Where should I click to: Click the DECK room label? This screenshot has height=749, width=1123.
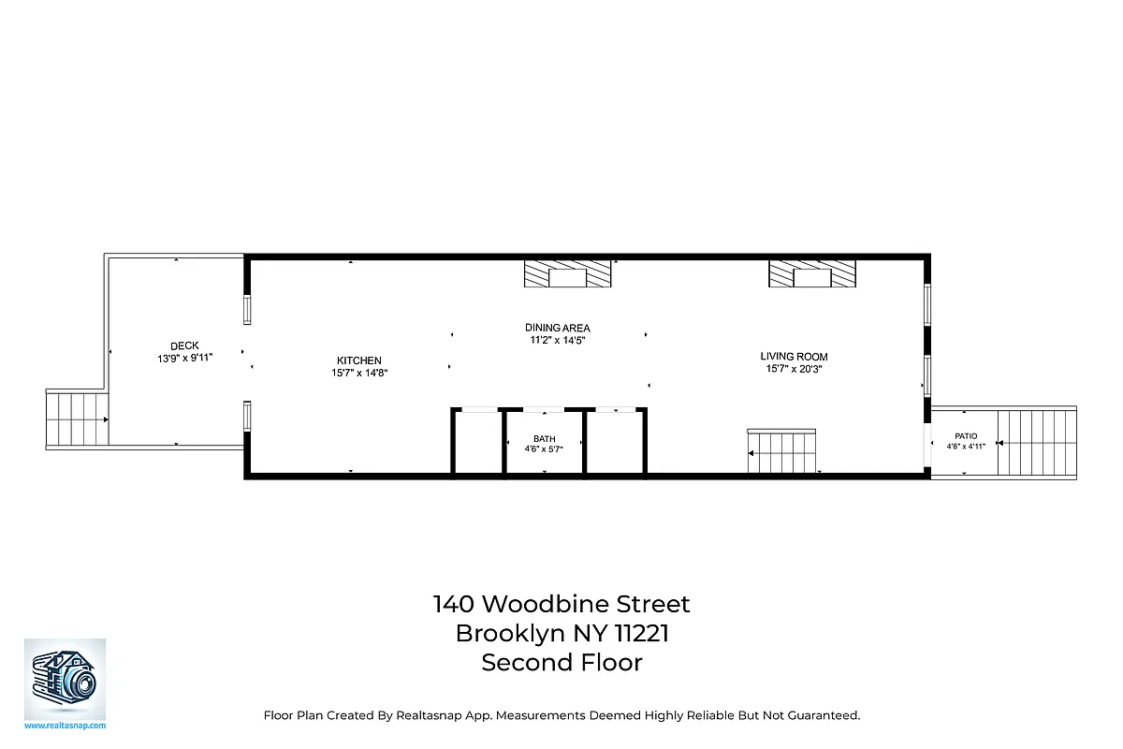(184, 345)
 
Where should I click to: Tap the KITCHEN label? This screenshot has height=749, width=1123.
(359, 360)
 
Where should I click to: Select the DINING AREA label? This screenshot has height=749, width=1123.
(557, 328)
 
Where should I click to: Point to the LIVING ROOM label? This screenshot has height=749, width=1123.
(794, 357)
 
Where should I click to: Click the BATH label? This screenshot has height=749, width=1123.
(544, 438)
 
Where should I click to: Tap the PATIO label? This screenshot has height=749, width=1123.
(966, 436)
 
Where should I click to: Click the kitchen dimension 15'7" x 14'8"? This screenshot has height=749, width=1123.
(359, 373)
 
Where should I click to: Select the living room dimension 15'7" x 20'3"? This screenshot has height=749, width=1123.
(794, 369)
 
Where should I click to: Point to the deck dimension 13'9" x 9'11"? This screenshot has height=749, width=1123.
(185, 358)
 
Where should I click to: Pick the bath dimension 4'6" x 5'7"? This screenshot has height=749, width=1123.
(544, 449)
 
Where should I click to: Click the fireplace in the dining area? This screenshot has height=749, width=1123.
(567, 273)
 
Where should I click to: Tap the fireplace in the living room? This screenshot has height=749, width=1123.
(812, 273)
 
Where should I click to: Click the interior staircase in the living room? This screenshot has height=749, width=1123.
(782, 453)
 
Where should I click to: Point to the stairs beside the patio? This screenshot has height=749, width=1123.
(1036, 442)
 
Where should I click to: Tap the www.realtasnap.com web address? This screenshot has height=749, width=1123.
(65, 726)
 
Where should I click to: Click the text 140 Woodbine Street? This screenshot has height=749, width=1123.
(561, 604)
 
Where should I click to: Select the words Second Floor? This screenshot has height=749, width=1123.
(561, 663)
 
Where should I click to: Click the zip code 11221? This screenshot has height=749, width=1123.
(641, 634)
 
